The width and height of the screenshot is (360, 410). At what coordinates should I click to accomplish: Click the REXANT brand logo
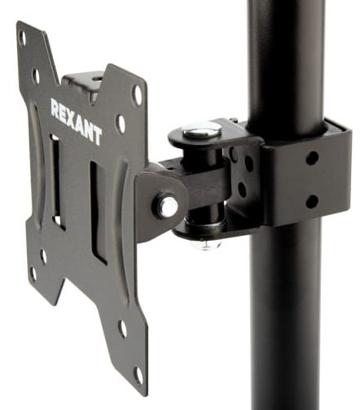77,121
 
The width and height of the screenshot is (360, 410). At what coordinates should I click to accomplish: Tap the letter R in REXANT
55,107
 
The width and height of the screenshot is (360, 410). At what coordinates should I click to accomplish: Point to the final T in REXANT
97,136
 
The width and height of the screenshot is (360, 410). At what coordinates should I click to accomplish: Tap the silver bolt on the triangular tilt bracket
167,207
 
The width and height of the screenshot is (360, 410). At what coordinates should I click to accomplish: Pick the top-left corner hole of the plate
22,38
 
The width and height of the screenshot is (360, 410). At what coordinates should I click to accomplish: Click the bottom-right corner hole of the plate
138,375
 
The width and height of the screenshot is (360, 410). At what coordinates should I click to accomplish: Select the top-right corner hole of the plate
137,94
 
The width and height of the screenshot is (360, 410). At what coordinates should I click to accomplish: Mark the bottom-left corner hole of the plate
33,273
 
